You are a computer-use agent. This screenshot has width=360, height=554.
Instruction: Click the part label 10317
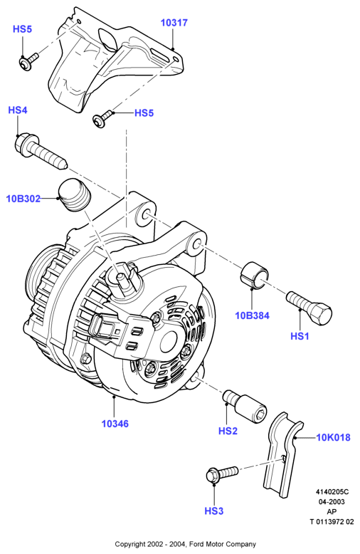tap(174, 23)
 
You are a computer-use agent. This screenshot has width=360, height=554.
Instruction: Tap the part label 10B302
tap(23, 199)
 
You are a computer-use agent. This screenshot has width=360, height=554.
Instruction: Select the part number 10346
tap(115, 424)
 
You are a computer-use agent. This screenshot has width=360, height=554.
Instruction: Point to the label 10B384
tap(253, 315)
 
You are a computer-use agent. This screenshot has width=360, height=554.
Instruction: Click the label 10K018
tap(333, 437)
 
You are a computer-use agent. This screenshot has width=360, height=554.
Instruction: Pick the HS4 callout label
tap(18, 110)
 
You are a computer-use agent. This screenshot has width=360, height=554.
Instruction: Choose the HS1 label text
tap(300, 336)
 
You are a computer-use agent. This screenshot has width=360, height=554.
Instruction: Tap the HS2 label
tap(228, 431)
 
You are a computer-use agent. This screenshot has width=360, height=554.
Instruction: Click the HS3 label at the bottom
tap(214, 511)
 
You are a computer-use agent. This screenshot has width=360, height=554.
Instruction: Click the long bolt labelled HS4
tap(41, 151)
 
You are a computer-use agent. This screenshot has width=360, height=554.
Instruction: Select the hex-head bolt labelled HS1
tap(309, 308)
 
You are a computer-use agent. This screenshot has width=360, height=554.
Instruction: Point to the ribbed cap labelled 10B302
tap(75, 196)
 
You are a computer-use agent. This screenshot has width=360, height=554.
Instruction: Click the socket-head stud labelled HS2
tap(245, 407)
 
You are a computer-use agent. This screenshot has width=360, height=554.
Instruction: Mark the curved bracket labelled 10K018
tap(282, 455)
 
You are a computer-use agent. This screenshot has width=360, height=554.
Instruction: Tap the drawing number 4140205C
tap(332, 492)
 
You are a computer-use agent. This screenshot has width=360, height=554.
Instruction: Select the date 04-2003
tap(332, 502)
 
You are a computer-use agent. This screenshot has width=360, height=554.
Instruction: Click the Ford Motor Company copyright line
tap(185, 544)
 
